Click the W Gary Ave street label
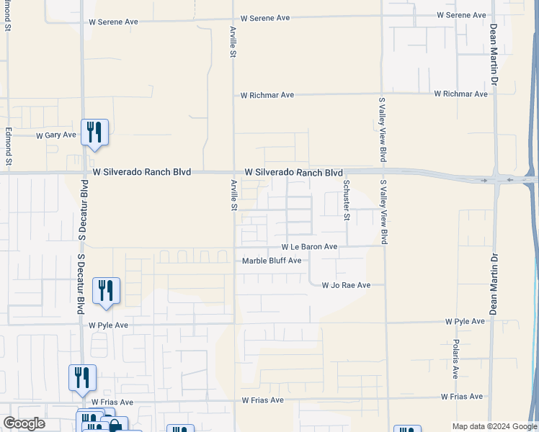[x=56, y=135]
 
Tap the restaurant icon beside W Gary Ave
[x=94, y=133]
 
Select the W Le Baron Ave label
[x=309, y=246]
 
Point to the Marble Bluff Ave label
[x=272, y=261]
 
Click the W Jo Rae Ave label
[x=346, y=285]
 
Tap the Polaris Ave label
[x=455, y=359]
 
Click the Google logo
[x=24, y=423]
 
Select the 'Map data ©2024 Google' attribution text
[x=495, y=426]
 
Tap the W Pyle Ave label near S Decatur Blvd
[x=108, y=325]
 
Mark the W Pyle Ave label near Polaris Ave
[x=465, y=321]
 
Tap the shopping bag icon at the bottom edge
[x=114, y=426]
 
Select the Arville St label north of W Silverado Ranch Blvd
[x=233, y=43]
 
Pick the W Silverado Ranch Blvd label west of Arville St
[x=142, y=173]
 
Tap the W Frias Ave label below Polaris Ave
[x=461, y=397]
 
